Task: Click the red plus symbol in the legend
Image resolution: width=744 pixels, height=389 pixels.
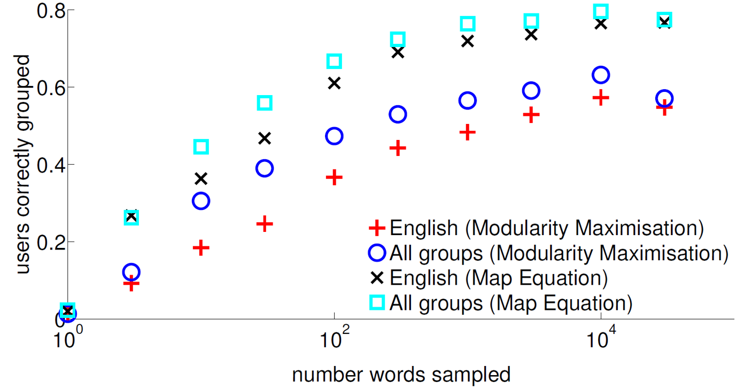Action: (x=377, y=228)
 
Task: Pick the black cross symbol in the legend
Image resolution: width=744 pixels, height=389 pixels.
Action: (x=377, y=278)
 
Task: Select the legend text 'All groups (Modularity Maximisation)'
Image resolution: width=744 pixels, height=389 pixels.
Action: (x=559, y=253)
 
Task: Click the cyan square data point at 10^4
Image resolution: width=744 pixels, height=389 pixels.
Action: (x=601, y=11)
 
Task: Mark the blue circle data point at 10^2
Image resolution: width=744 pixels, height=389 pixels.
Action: (x=334, y=136)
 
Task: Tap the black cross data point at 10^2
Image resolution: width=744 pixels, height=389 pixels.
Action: (x=334, y=83)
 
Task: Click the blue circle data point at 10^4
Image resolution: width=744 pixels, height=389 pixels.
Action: (x=601, y=75)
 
